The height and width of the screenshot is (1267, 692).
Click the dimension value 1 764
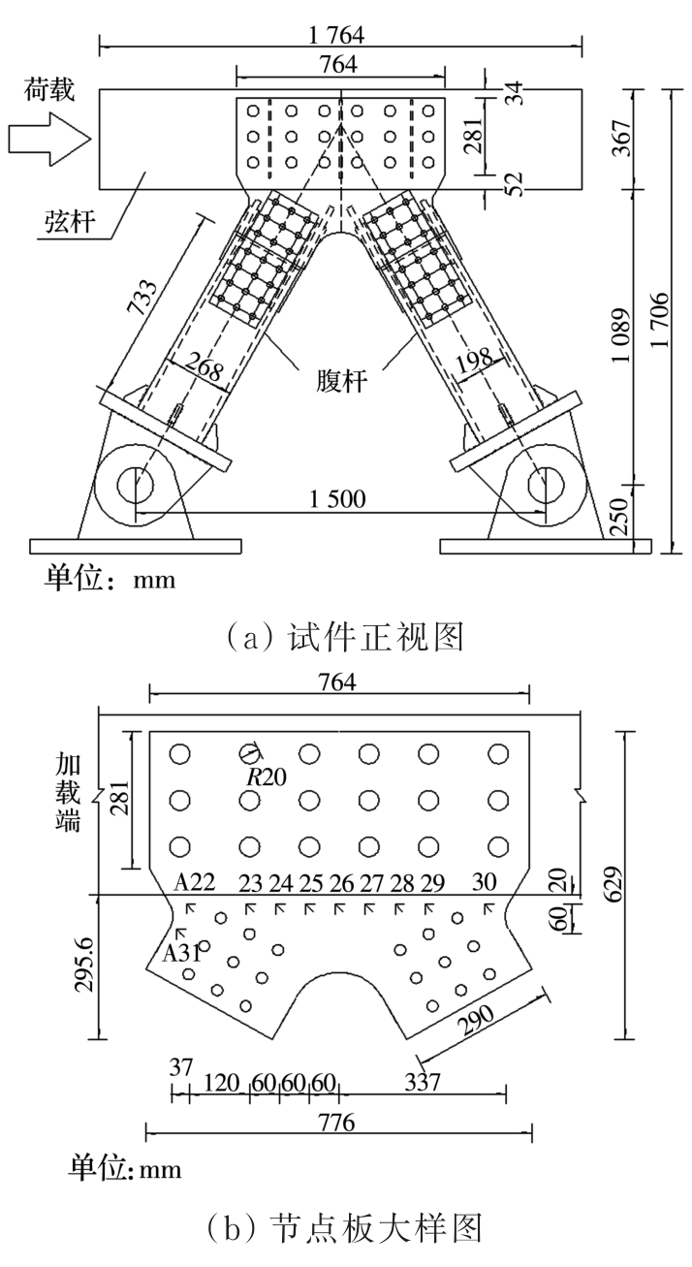(341, 33)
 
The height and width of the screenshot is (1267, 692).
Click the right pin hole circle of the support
(546, 482)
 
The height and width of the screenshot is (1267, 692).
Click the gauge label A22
(194, 881)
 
